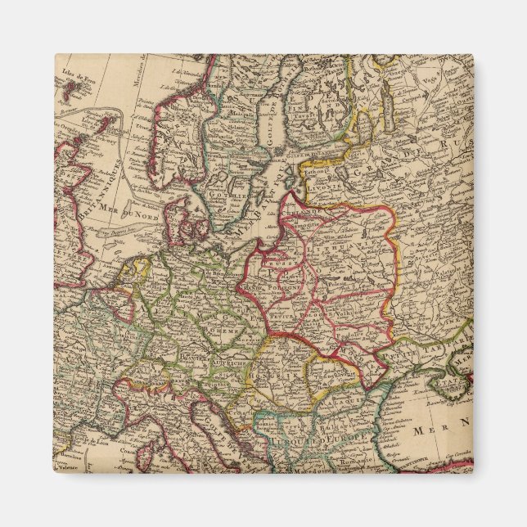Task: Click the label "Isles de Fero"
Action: click(72, 76)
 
